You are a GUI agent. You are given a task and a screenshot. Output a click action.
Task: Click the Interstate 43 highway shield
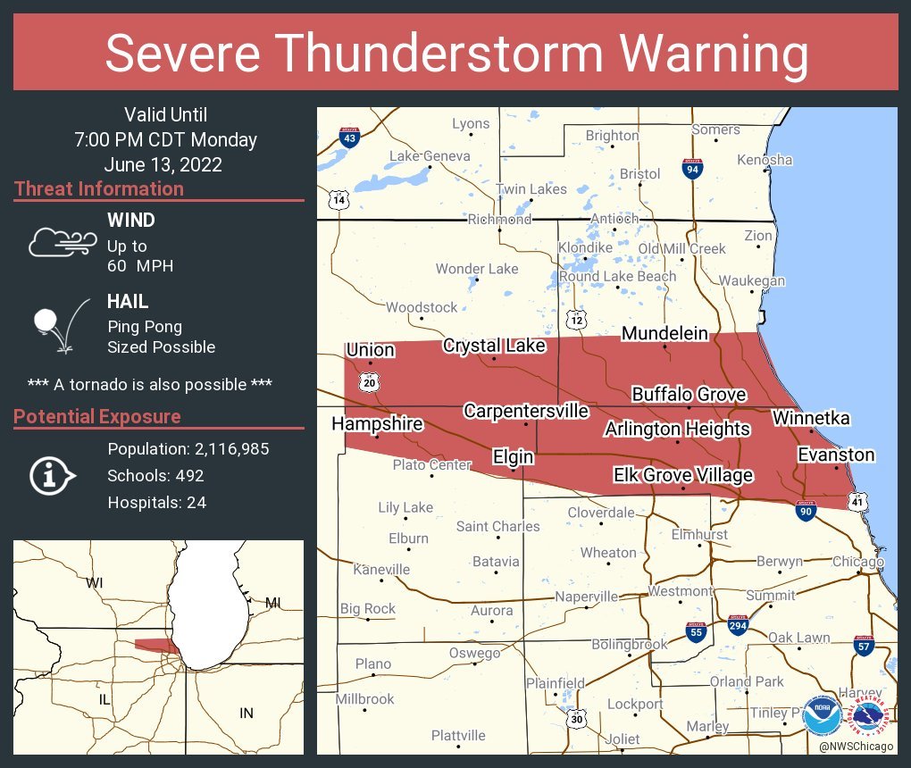pyautogui.click(x=350, y=138)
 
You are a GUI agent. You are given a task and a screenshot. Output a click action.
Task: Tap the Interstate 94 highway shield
pyautogui.click(x=692, y=169)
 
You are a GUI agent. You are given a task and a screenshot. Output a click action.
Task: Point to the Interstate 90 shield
pyautogui.click(x=806, y=511)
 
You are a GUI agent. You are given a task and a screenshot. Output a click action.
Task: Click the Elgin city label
pyautogui.click(x=514, y=457)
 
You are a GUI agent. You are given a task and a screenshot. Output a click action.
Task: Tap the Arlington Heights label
pyautogui.click(x=677, y=429)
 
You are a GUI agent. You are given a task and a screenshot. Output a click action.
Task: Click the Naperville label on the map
pyautogui.click(x=587, y=597)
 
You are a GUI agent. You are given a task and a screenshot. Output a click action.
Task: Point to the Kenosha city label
pyautogui.click(x=765, y=160)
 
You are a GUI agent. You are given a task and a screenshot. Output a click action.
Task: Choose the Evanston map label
pyautogui.click(x=836, y=455)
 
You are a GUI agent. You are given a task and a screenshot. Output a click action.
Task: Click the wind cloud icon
pyautogui.click(x=61, y=242)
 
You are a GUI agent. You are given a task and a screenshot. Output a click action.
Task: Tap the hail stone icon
pyautogui.click(x=59, y=325)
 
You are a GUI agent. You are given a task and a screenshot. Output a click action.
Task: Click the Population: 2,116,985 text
pyautogui.click(x=188, y=448)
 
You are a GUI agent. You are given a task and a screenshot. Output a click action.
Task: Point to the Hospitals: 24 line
pyautogui.click(x=157, y=503)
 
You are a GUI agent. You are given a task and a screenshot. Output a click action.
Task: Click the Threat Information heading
pyautogui.click(x=99, y=188)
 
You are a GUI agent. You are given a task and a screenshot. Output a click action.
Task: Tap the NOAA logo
pyautogui.click(x=822, y=715)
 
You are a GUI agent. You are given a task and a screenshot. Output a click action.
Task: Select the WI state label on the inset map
pyautogui.click(x=95, y=583)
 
